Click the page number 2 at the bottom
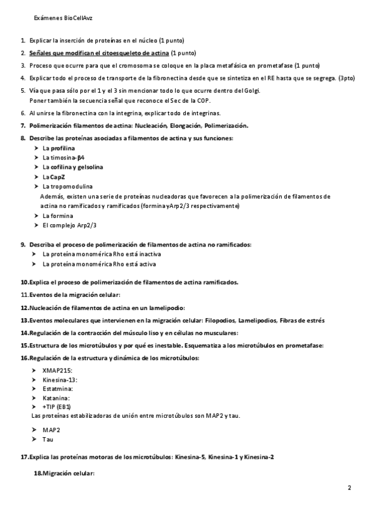(x=350, y=488)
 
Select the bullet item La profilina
(x=59, y=148)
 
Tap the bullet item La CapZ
(x=54, y=177)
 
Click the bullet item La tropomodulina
(x=67, y=186)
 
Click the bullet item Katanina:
(x=56, y=397)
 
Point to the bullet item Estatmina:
(x=58, y=388)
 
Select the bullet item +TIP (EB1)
(x=57, y=406)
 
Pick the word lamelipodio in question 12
(x=165, y=308)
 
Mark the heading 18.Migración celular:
(x=64, y=474)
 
